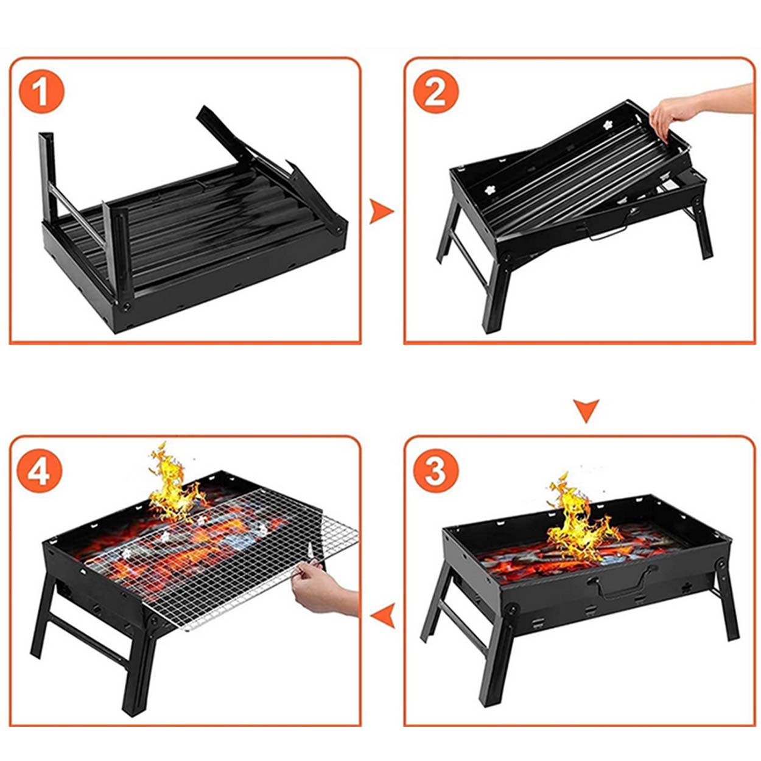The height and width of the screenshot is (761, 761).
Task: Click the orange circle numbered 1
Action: [41, 91]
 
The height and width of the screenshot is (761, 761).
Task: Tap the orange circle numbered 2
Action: [435, 91]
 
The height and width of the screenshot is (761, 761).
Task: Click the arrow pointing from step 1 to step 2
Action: [380, 212]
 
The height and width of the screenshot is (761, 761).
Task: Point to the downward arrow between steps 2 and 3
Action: [586, 411]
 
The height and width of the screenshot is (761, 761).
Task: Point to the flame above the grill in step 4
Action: [174, 486]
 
